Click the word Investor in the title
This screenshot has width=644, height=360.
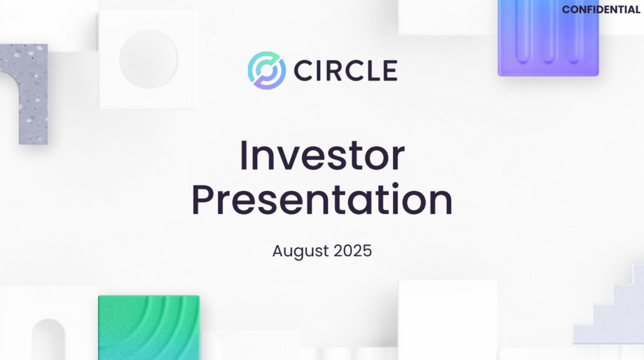pyautogui.click(x=322, y=156)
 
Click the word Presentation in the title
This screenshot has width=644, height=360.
pyautogui.click(x=322, y=200)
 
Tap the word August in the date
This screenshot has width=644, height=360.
pyautogui.click(x=300, y=251)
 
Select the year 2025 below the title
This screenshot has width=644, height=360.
pyautogui.click(x=353, y=251)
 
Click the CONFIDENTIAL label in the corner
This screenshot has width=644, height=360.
pyautogui.click(x=601, y=10)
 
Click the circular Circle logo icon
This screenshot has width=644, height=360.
pyautogui.click(x=267, y=71)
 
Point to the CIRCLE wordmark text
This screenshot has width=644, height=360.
pyautogui.click(x=346, y=71)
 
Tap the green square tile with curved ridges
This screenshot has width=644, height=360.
pyautogui.click(x=149, y=327)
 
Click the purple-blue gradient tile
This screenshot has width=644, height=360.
pyautogui.click(x=548, y=37)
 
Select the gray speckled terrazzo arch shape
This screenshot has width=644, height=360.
pyautogui.click(x=30, y=94)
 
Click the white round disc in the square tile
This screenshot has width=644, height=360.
pyautogui.click(x=148, y=59)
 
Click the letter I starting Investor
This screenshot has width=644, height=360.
pyautogui.click(x=243, y=156)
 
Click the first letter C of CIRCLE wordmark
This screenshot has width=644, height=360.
pyautogui.click(x=305, y=71)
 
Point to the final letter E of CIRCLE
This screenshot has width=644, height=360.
pyautogui.click(x=390, y=71)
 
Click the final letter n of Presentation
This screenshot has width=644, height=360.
pyautogui.click(x=440, y=202)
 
